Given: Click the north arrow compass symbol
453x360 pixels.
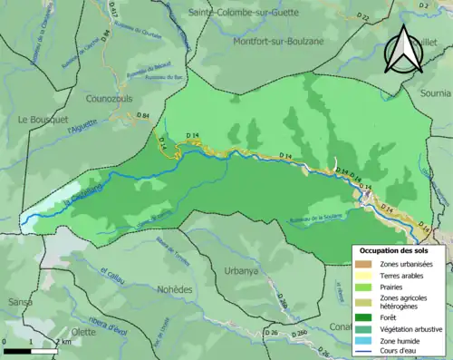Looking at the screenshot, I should [405, 51].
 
